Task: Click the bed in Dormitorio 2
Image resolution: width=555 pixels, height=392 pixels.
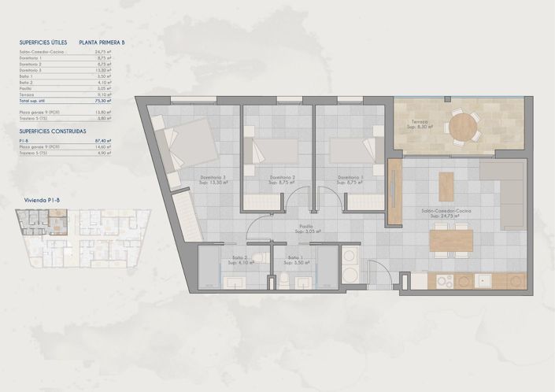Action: click(272, 149)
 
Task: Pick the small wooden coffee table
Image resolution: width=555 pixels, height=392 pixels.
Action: click(446, 186)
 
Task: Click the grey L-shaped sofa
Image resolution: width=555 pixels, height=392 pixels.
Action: click(504, 185)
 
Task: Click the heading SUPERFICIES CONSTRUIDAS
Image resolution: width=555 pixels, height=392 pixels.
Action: click(53, 131)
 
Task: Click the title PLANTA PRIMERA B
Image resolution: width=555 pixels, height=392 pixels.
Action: click(102, 42)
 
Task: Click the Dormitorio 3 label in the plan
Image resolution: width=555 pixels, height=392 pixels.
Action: click(213, 177)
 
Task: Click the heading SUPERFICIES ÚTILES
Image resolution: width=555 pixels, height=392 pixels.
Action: click(43, 42)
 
